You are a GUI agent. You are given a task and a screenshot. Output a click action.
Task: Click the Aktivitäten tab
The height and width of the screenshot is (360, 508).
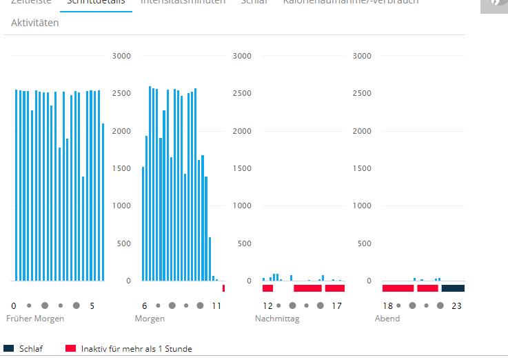(x=34, y=23)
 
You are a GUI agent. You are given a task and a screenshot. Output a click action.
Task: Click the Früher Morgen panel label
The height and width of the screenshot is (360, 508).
(x=35, y=319)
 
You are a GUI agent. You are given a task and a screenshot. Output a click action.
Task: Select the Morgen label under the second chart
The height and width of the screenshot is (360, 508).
(x=150, y=319)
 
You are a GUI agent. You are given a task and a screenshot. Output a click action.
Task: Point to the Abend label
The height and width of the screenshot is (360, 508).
(x=387, y=319)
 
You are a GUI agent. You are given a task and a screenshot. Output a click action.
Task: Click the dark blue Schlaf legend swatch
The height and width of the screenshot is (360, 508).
(x=9, y=348)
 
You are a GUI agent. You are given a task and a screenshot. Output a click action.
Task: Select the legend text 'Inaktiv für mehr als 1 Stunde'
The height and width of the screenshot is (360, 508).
(x=136, y=349)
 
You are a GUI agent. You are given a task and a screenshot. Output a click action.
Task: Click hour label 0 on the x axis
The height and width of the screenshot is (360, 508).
(x=14, y=306)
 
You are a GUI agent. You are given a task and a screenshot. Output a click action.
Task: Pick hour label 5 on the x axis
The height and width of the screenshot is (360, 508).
(x=92, y=306)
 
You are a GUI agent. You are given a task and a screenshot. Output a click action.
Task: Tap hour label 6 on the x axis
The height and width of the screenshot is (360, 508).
(x=145, y=306)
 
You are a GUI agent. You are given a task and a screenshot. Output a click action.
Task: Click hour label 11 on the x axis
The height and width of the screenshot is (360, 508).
(x=216, y=306)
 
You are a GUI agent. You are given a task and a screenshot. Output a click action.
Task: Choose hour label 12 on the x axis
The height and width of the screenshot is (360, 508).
(x=268, y=306)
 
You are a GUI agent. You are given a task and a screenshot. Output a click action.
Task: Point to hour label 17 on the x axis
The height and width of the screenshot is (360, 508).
(x=337, y=306)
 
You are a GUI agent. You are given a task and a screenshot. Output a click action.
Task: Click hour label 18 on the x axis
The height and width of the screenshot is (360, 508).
(x=388, y=306)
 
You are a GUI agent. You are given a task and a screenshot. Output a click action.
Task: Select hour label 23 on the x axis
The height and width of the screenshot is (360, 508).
(x=456, y=306)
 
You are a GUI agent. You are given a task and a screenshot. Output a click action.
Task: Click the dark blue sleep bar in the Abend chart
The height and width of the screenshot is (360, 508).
(x=453, y=288)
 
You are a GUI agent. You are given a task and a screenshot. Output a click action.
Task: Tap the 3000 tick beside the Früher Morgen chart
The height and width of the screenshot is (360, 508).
(x=121, y=56)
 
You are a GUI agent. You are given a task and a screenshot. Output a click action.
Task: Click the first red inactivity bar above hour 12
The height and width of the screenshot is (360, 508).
(x=267, y=288)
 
